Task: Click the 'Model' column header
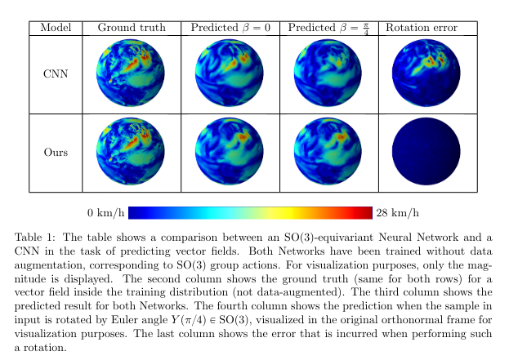56,28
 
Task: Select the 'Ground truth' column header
132,28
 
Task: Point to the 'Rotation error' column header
421,28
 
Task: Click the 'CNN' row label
56,74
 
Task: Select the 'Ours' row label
56,153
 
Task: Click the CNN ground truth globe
132,74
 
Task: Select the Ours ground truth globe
132,153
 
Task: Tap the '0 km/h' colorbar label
105,214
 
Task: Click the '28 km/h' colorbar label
398,214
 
